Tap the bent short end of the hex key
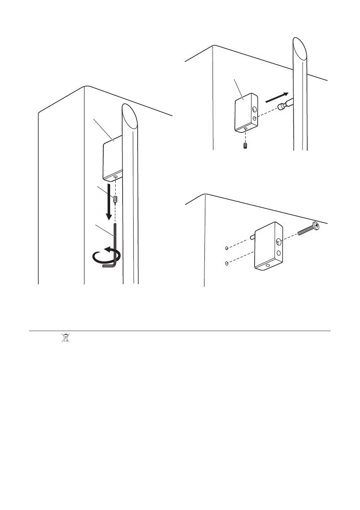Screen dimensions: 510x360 point(109,266)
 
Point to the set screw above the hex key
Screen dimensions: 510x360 point(115,199)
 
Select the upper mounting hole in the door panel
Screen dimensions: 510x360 point(225,248)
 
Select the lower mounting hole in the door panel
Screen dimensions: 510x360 point(225,263)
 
